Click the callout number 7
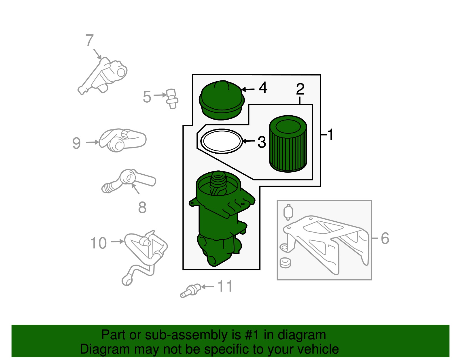click(x=90, y=40)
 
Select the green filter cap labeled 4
click(x=222, y=100)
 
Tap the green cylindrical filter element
click(x=288, y=144)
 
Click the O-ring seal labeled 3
click(x=222, y=141)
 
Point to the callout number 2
click(x=301, y=89)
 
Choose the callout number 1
click(x=330, y=135)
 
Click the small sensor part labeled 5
click(x=173, y=99)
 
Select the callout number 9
click(x=77, y=143)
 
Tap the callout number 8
click(x=142, y=207)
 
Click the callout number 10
click(x=99, y=243)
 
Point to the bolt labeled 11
click(x=190, y=291)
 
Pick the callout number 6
click(x=385, y=238)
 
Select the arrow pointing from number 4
click(x=248, y=90)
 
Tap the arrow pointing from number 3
click(x=249, y=141)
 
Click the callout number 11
click(x=225, y=286)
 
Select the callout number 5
click(x=147, y=97)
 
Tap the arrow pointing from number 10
click(x=118, y=242)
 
